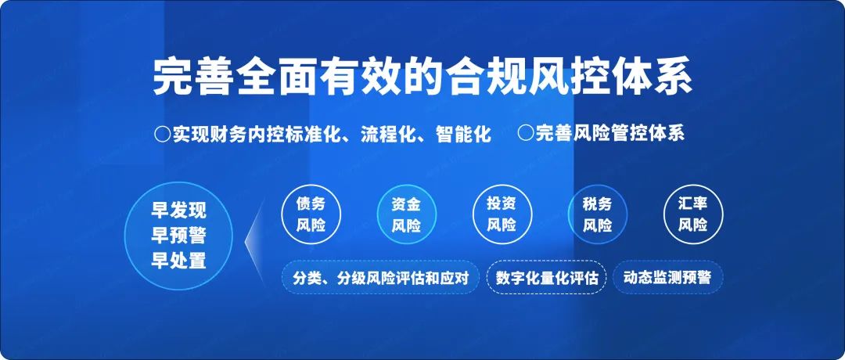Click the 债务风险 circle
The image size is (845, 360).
311,214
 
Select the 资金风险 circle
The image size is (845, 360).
406,214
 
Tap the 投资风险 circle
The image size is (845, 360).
502,214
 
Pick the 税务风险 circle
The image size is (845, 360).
597,214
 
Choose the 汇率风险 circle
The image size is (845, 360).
692,214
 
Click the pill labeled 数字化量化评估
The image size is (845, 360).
547,278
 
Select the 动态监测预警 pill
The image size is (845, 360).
667,278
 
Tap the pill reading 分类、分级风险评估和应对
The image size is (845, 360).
380,278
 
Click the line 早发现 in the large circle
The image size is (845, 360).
178,211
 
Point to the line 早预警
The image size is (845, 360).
178,236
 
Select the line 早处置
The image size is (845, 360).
178,261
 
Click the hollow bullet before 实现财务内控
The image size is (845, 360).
162,134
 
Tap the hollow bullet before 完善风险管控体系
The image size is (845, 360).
525,132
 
